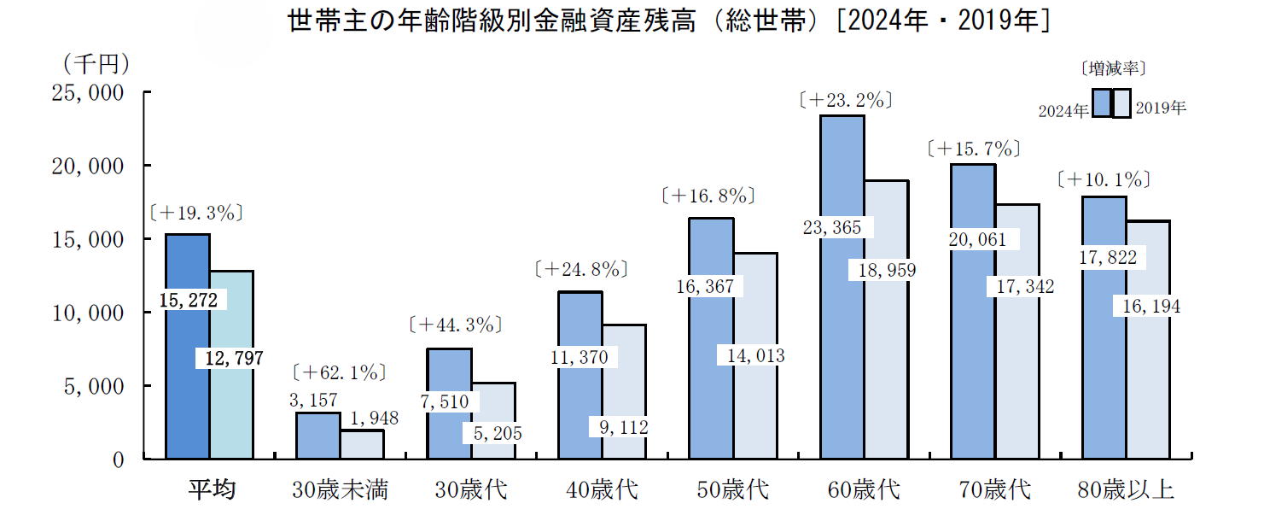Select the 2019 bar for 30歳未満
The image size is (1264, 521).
362,445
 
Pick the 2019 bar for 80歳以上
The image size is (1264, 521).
1148,340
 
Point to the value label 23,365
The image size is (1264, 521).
832,227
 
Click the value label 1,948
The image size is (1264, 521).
375,419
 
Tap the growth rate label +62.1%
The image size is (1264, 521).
340,372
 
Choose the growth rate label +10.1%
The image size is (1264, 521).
1104,180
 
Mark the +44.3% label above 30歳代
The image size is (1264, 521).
456,325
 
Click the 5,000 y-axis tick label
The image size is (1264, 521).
94,387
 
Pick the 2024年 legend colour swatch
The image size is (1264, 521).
1102,103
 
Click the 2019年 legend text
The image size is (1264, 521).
1161,108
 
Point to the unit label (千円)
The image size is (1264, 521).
96,64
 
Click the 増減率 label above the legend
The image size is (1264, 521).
1113,69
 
